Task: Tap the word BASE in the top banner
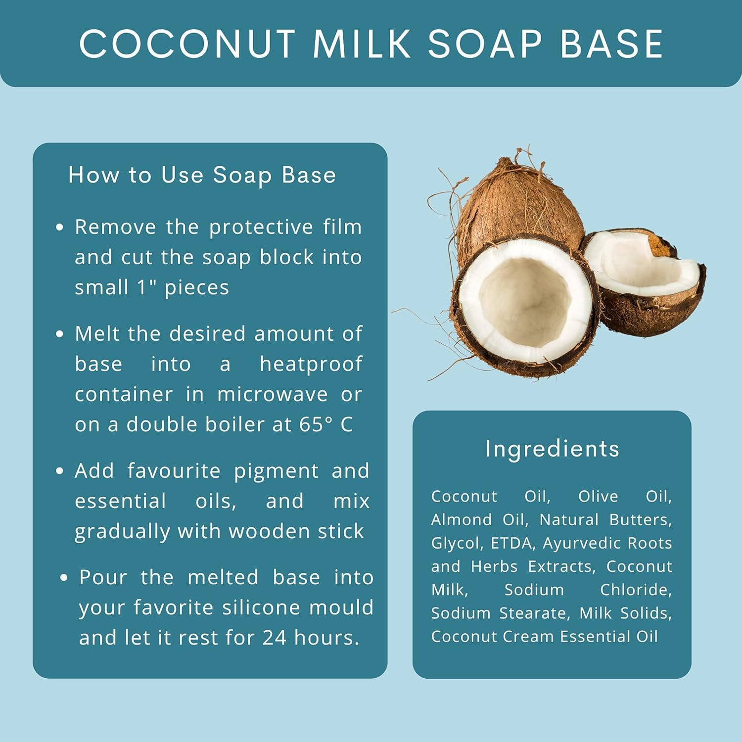612,44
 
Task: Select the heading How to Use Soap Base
202,175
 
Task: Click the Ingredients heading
552,449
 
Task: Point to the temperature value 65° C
326,424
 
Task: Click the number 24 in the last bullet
274,638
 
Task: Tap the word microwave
272,394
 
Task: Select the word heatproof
311,364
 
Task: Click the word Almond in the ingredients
461,520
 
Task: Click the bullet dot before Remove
60,228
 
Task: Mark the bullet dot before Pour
63,578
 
